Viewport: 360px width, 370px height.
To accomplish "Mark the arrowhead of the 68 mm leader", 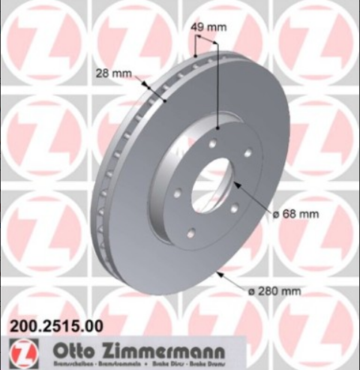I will [x=235, y=184].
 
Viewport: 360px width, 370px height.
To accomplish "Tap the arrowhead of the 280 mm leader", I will [x=217, y=273].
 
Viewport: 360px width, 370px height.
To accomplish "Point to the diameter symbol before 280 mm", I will [x=253, y=290].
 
